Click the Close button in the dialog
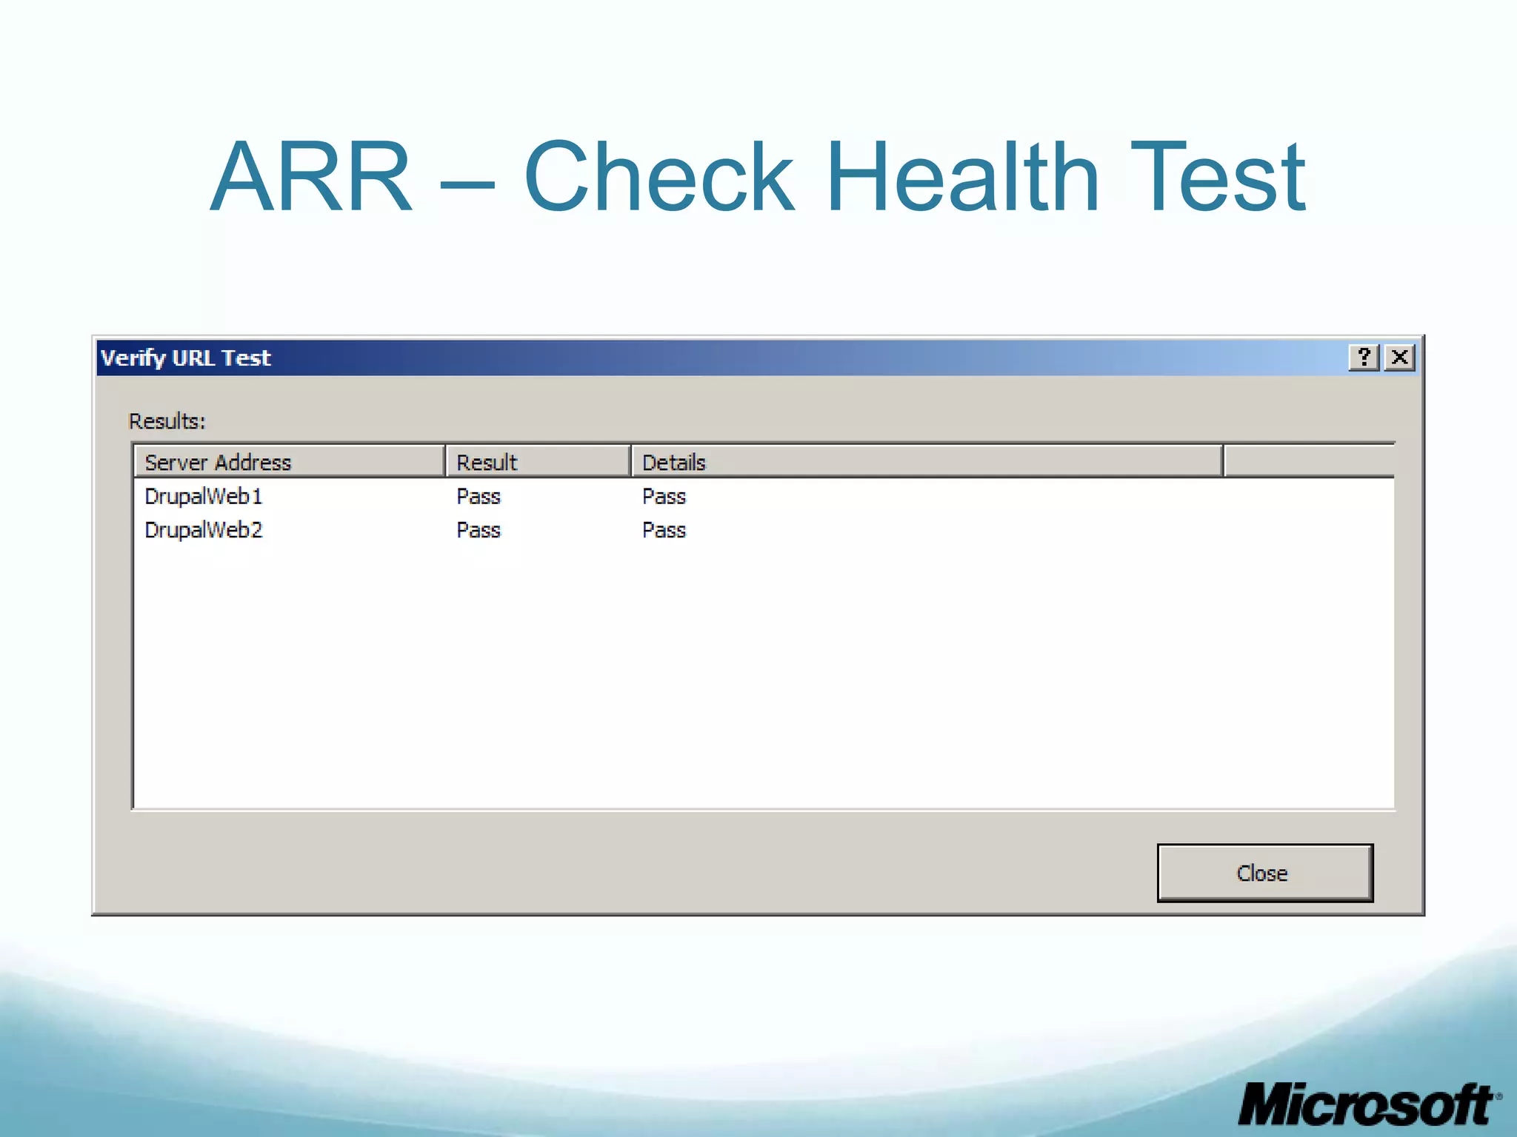click(x=1264, y=873)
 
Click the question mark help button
click(x=1364, y=358)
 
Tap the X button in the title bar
click(x=1400, y=358)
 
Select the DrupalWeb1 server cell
click(x=204, y=496)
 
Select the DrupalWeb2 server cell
click(x=204, y=530)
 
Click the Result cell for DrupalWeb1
click(x=479, y=496)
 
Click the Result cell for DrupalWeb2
click(x=479, y=530)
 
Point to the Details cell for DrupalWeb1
click(x=664, y=496)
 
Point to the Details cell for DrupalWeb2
click(x=664, y=530)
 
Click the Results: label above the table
click(x=167, y=421)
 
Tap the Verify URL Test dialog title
click(x=186, y=358)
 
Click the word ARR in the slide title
click(x=311, y=178)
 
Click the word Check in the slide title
click(x=659, y=178)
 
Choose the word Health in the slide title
click(x=962, y=178)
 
